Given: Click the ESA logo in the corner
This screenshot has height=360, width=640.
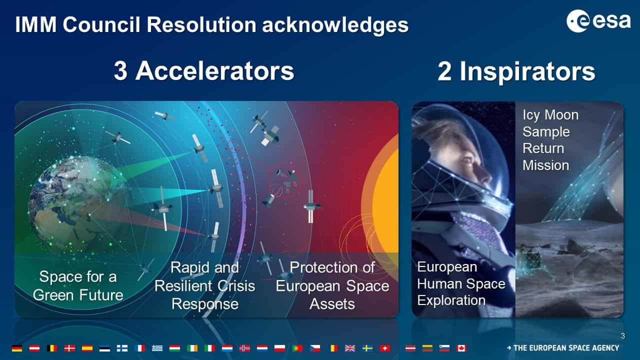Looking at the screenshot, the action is (598, 21).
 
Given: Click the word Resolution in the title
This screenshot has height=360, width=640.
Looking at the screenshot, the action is (201, 24).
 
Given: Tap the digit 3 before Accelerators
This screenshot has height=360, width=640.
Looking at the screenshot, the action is (120, 71).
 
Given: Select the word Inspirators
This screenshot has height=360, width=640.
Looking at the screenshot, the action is (527, 72).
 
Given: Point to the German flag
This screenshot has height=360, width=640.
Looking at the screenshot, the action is (17, 348).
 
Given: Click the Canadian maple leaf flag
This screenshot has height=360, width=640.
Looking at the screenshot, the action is (461, 348).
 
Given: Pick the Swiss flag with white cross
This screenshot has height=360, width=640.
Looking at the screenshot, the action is (384, 348).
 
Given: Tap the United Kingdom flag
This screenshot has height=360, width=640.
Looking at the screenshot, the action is (349, 348).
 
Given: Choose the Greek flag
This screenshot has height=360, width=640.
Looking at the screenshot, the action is (157, 348).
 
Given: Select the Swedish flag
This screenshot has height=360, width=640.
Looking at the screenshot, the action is (367, 348).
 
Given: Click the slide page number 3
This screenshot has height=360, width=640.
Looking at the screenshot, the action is (623, 336).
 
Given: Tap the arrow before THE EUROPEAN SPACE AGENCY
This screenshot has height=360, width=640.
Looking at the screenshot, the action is (509, 348).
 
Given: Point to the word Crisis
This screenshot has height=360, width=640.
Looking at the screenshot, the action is (236, 285).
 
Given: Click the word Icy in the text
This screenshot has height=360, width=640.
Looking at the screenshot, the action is (531, 115).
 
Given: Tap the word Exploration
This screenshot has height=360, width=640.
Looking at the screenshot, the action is (451, 300).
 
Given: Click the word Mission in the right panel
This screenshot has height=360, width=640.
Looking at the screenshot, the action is (545, 165).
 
